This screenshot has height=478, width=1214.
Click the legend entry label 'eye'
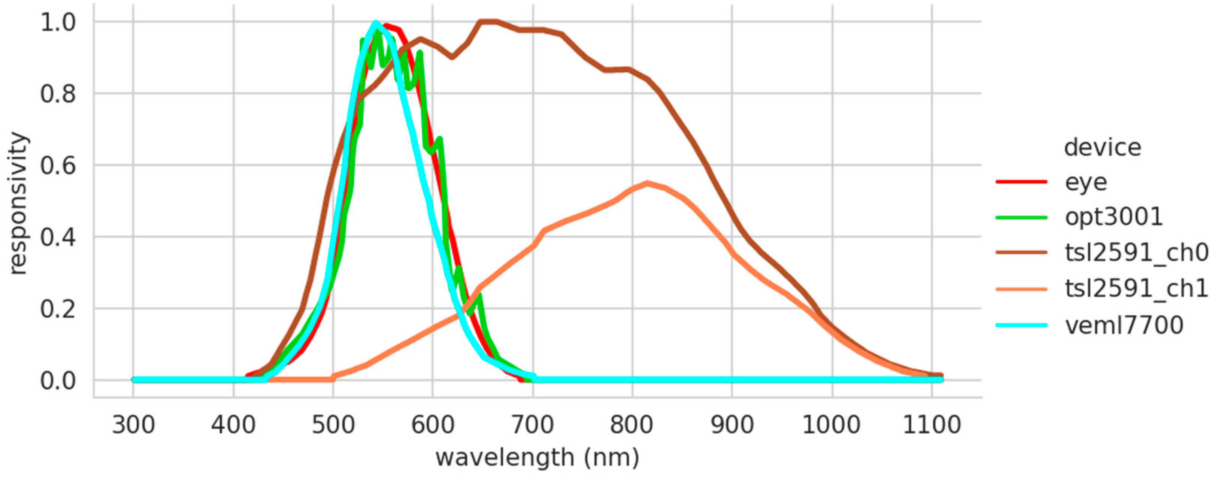tap(1086, 182)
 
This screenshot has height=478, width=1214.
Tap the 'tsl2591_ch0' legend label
tap(1136, 253)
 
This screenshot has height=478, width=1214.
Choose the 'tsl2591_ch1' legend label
tap(1136, 288)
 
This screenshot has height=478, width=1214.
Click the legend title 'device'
tap(1103, 148)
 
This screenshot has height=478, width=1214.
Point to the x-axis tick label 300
tap(133, 425)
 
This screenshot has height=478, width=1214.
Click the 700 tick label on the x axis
tap(533, 425)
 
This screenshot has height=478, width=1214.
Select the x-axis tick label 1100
tap(931, 425)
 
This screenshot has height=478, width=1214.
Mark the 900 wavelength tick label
tap(732, 425)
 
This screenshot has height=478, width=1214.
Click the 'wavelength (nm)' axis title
tap(537, 458)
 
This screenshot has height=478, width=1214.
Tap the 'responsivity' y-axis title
tap(19, 203)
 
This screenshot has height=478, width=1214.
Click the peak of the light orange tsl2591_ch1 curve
tap(648, 183)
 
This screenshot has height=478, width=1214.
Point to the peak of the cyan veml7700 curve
tap(376, 22)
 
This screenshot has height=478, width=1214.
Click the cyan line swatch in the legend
tap(1021, 325)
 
